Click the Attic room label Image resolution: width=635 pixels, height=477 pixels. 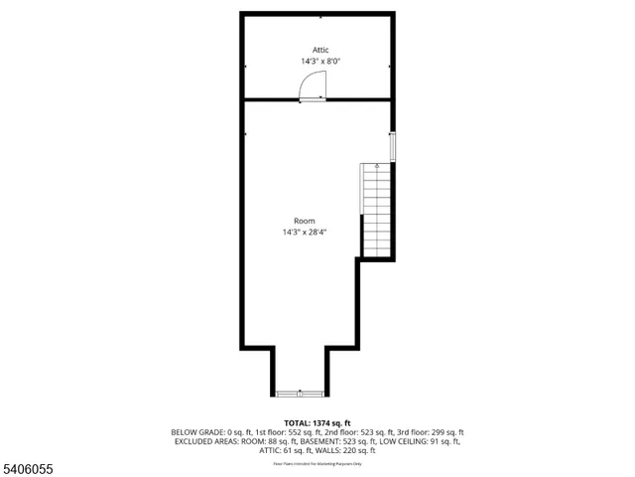(x=320, y=50)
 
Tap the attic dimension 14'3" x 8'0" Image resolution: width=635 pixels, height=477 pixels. (x=320, y=61)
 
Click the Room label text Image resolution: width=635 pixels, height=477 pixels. (x=304, y=221)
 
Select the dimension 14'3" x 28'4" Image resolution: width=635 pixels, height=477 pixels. (x=304, y=232)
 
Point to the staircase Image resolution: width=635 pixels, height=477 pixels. (x=376, y=210)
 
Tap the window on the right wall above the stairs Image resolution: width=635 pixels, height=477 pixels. (x=393, y=146)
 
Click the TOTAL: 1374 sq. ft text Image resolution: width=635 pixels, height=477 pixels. (x=317, y=422)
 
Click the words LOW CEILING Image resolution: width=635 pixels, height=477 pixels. (x=391, y=441)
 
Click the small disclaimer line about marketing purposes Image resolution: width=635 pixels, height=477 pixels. (x=317, y=463)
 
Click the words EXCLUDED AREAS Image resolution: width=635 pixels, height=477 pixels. (x=201, y=441)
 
